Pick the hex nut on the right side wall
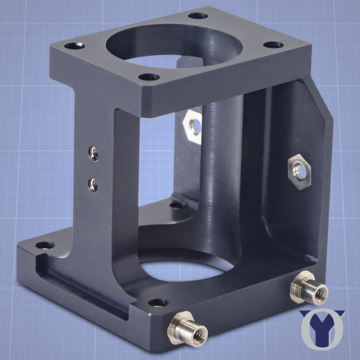pyautogui.click(x=299, y=170)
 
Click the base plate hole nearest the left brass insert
pyautogui.click(x=158, y=303)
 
